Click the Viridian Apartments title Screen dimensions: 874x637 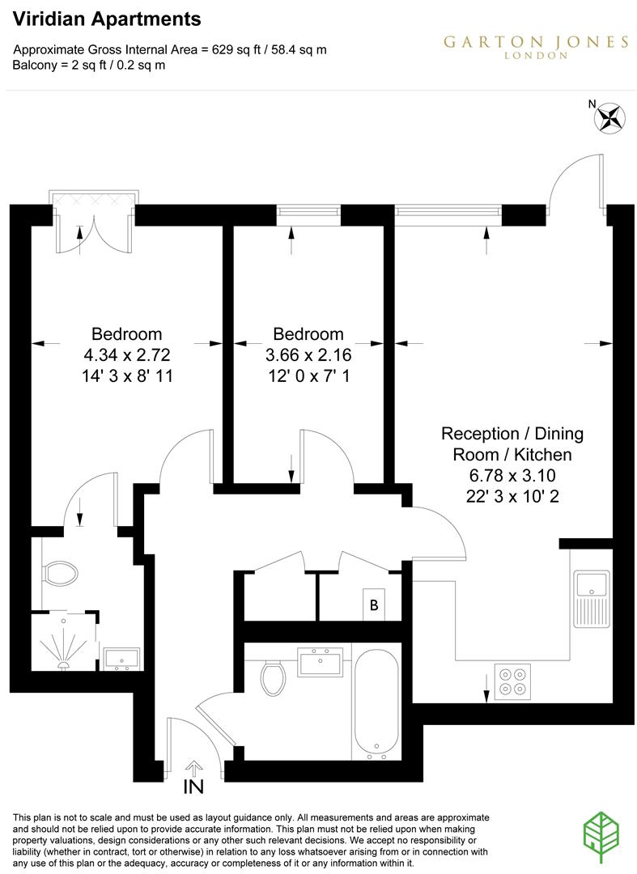tap(108, 19)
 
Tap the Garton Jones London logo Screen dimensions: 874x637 tap(535, 45)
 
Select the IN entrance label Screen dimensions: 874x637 tap(193, 787)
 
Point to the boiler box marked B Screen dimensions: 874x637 tap(374, 605)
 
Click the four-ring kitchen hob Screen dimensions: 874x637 tap(512, 681)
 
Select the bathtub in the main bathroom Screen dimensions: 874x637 tap(376, 702)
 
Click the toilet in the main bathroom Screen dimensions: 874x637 tap(273, 677)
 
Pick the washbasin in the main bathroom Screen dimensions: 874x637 tap(323, 662)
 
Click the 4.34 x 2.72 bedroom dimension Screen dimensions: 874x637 tap(126, 354)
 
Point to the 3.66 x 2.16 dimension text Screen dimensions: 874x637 tap(308, 354)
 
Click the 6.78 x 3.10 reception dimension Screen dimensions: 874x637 tap(511, 476)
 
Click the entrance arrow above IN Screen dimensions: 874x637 tap(194, 766)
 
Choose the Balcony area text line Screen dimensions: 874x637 tap(89, 65)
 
